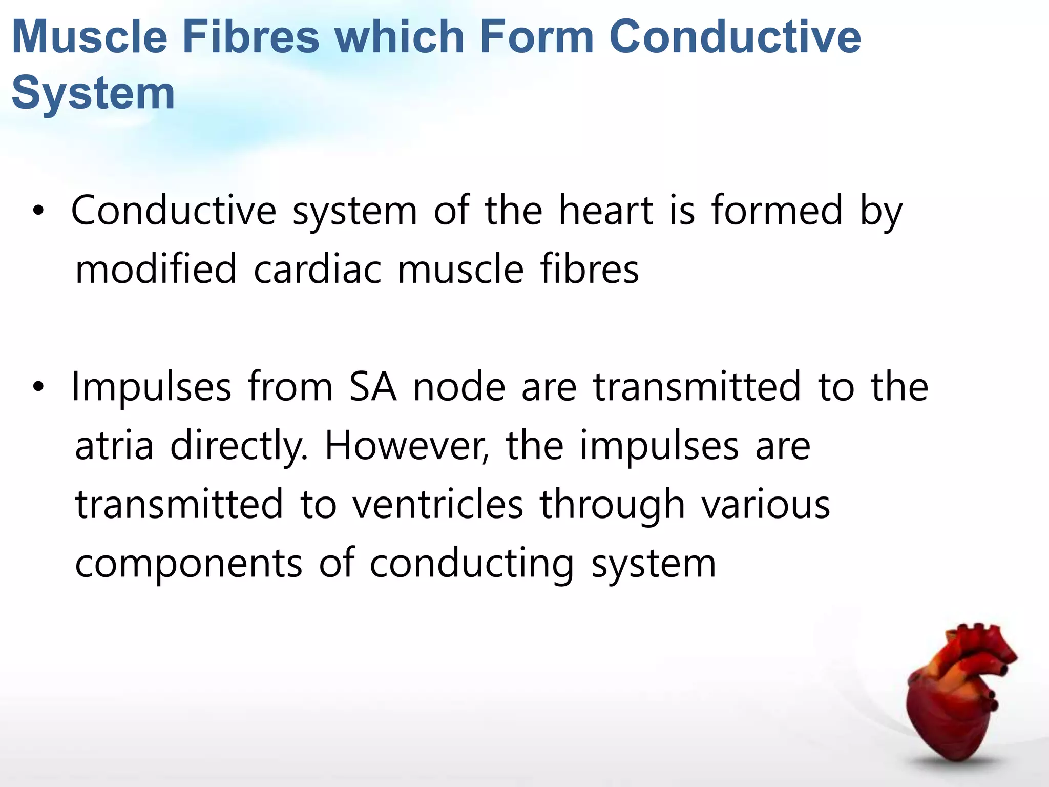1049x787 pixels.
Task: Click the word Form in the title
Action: [x=536, y=37]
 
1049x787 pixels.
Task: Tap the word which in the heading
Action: [x=399, y=37]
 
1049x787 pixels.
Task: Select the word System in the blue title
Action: [x=93, y=93]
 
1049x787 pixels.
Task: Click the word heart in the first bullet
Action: [x=606, y=211]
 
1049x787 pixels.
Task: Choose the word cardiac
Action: [x=318, y=270]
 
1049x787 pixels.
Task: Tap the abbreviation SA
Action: [x=372, y=387]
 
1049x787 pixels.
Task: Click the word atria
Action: [x=114, y=446]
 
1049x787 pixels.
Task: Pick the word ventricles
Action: [x=438, y=505]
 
